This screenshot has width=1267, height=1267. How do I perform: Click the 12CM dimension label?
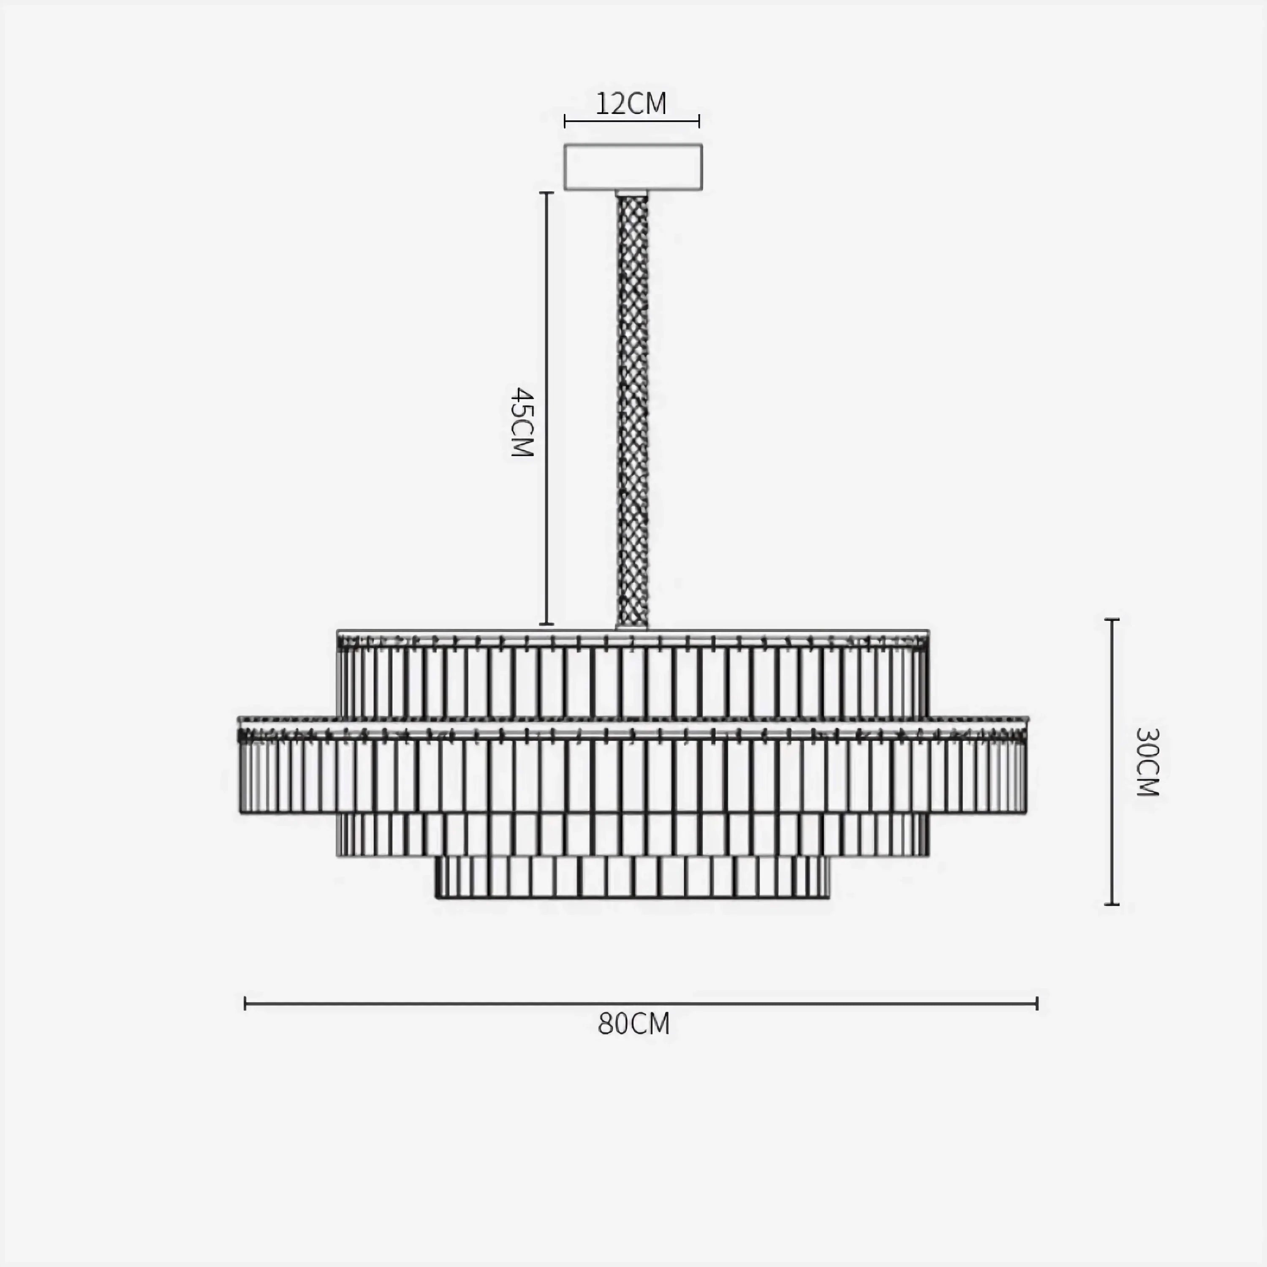[x=631, y=103]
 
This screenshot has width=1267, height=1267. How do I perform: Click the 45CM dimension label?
[x=523, y=421]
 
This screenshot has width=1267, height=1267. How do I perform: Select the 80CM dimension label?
[x=633, y=1024]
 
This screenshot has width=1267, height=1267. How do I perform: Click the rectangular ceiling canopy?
[x=633, y=167]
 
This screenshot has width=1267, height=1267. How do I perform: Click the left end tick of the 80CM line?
[x=245, y=1003]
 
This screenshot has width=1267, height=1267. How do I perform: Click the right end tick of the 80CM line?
[x=1037, y=1003]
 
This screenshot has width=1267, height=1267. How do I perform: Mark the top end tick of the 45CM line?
[x=546, y=193]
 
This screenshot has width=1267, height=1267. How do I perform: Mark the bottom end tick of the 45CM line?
[x=546, y=624]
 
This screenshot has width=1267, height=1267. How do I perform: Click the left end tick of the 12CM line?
[x=565, y=121]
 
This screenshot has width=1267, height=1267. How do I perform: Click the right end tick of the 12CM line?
[x=699, y=121]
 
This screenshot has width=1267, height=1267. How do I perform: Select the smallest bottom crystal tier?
[x=633, y=877]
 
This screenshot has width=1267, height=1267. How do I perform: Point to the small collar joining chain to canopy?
[x=631, y=193]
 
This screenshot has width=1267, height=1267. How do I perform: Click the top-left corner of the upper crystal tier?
[x=338, y=633]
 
